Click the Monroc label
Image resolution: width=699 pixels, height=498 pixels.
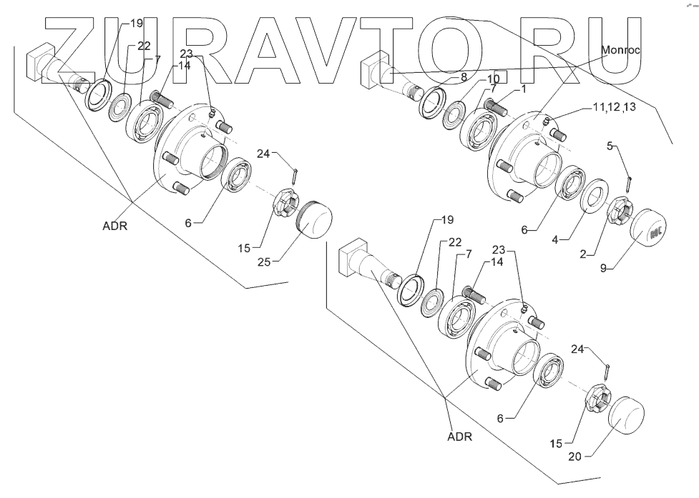620,51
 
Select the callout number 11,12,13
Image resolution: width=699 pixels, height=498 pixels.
614,106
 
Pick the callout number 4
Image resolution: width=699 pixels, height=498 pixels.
554,241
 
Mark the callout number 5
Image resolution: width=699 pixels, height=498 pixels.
610,145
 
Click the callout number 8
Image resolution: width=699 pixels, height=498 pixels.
464,76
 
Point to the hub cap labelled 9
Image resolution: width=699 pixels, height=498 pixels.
648,228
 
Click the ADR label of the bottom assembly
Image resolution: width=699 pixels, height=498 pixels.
459,436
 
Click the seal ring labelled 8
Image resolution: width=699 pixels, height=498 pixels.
431,101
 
